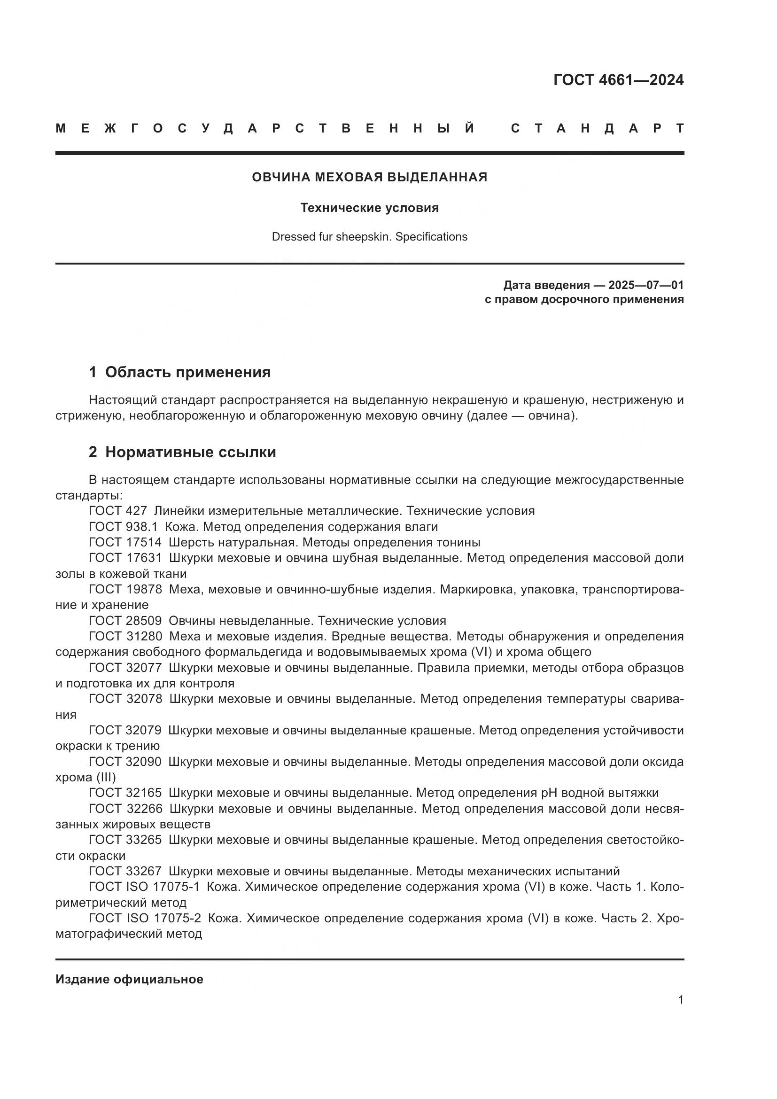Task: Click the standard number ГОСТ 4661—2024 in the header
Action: (x=618, y=80)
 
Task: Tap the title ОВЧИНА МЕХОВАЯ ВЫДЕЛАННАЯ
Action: (x=369, y=177)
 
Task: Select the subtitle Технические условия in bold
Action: (x=369, y=208)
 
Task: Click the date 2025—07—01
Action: (x=645, y=285)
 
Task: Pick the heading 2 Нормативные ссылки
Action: (x=182, y=452)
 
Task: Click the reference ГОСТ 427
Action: (x=118, y=511)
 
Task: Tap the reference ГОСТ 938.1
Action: (x=123, y=527)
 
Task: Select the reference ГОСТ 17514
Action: (x=125, y=542)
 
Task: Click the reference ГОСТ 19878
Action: (x=125, y=589)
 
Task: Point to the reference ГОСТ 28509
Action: (x=125, y=621)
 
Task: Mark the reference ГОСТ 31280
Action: (x=125, y=637)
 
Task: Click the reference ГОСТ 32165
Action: (x=125, y=793)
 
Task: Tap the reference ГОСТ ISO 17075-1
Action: (x=144, y=887)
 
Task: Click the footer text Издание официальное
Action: (x=129, y=979)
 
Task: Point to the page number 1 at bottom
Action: (x=680, y=1000)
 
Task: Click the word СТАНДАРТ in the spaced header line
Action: (x=598, y=128)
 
